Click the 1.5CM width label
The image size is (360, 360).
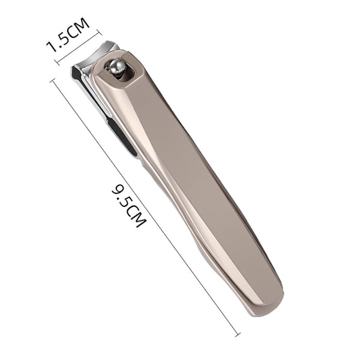(x=67, y=35)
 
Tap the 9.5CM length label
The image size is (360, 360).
(x=129, y=205)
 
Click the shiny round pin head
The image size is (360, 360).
(x=117, y=67)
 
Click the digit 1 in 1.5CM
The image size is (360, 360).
(x=52, y=47)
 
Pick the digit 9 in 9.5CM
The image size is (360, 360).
(x=118, y=188)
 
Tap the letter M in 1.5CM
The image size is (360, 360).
(x=81, y=25)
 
